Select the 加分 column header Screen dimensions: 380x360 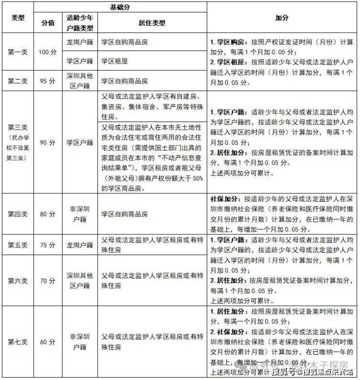pyautogui.click(x=282, y=18)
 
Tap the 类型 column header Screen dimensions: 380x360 pyautogui.click(x=18, y=18)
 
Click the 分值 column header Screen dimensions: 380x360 pyautogui.click(x=48, y=23)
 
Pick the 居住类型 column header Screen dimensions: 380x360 pyautogui.click(x=152, y=23)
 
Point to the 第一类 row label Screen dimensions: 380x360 pyautogui.click(x=18, y=52)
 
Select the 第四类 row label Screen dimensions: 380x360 pyautogui.click(x=18, y=214)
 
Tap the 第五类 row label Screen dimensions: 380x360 pyautogui.click(x=18, y=245)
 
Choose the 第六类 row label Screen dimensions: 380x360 pyautogui.click(x=18, y=281)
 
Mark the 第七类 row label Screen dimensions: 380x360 pyautogui.click(x=18, y=342)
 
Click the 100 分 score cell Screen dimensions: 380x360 pyautogui.click(x=48, y=52)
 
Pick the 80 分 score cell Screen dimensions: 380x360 pyautogui.click(x=48, y=214)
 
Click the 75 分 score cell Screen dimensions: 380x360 pyautogui.click(x=48, y=245)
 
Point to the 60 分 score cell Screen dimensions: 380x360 pyautogui.click(x=48, y=342)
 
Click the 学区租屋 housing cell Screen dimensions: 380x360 pyautogui.click(x=114, y=61)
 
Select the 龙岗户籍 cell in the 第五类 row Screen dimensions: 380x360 pyautogui.click(x=80, y=245)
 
